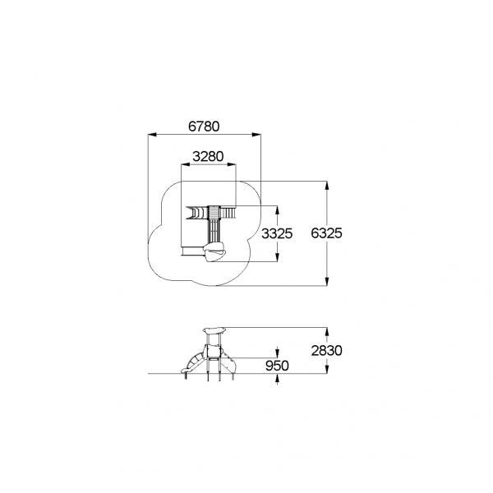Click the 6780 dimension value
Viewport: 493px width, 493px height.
coord(204,127)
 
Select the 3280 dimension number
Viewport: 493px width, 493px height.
coord(208,156)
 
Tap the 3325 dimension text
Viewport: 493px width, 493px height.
coord(277,233)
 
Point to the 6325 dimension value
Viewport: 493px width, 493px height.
coord(326,233)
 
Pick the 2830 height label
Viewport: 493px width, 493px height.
coord(327,351)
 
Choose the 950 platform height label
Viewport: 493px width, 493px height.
coord(277,366)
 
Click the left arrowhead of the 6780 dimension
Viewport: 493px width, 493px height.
coord(152,135)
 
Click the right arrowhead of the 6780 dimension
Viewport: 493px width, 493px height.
coord(256,135)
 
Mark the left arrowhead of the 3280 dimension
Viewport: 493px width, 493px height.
coord(186,164)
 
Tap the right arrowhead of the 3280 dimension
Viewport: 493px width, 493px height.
coord(232,164)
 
